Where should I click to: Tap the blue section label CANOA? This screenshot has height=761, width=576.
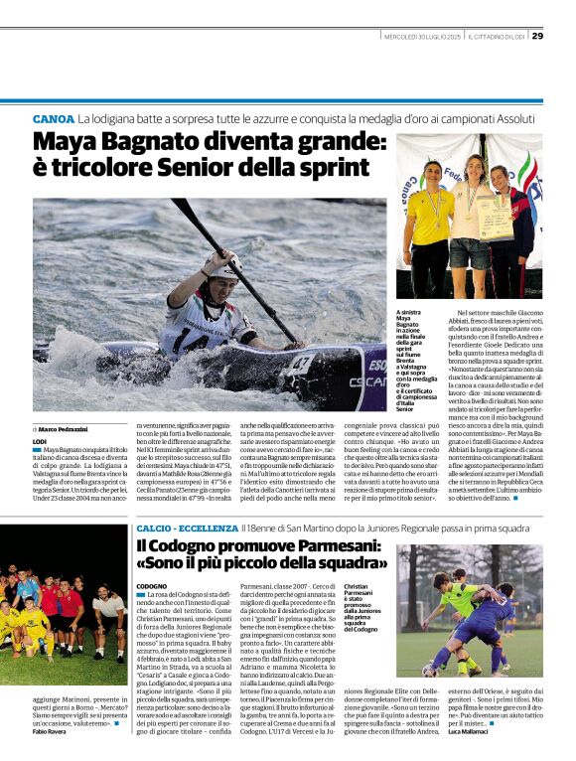pyautogui.click(x=53, y=118)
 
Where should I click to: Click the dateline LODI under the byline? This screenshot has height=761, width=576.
pyautogui.click(x=40, y=440)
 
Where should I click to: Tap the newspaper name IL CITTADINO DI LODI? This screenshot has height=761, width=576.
pyautogui.click(x=497, y=37)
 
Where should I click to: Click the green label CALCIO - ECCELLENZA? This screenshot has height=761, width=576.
pyautogui.click(x=184, y=529)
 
